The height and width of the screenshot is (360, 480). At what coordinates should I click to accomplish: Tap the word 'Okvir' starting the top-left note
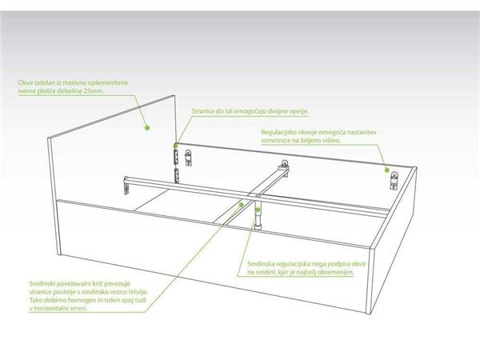tap(25, 83)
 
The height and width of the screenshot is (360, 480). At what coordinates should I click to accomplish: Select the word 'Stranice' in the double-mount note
tap(203, 111)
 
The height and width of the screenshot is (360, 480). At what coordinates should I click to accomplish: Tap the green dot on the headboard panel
tap(147, 128)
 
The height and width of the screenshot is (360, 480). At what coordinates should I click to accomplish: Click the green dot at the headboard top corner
tap(176, 145)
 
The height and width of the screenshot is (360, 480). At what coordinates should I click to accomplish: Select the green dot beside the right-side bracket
tap(387, 170)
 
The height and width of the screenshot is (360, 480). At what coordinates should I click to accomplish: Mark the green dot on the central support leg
tap(258, 210)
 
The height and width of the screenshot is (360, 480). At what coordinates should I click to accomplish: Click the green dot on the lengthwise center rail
tap(242, 205)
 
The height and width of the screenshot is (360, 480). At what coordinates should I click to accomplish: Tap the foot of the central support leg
tap(258, 226)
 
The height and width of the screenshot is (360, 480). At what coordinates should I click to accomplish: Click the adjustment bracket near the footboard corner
tap(394, 181)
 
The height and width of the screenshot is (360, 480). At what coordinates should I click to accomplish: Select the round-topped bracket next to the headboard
tap(188, 158)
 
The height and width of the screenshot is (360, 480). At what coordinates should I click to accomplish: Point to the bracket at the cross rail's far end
tap(284, 167)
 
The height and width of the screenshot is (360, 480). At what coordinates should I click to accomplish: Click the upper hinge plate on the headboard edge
tap(176, 158)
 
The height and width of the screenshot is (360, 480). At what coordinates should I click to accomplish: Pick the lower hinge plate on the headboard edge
tap(177, 175)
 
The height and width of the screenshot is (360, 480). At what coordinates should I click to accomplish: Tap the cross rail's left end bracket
tap(126, 186)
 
